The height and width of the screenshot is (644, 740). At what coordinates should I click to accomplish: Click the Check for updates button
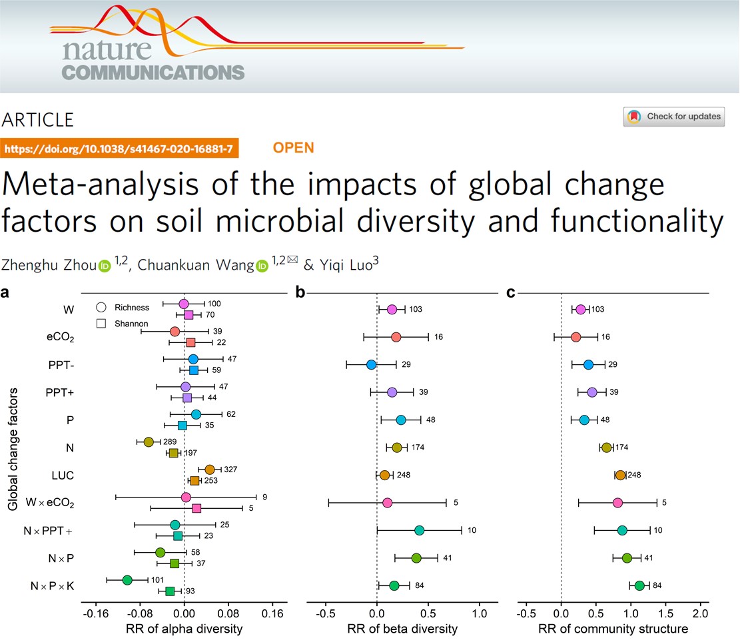point(674,117)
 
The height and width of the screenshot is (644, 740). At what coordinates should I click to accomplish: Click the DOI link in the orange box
point(119,149)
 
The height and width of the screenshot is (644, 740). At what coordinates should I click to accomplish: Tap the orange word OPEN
point(293,147)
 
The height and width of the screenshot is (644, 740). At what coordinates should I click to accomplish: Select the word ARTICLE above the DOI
point(38,120)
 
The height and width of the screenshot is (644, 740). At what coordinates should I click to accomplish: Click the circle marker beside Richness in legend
point(102,308)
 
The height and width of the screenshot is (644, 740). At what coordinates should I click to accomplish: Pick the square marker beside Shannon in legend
point(102,324)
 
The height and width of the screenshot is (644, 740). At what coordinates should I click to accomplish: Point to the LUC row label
point(63,476)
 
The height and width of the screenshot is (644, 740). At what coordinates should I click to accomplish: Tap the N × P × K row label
point(53,586)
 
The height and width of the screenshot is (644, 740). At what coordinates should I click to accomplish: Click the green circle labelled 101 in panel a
point(127,580)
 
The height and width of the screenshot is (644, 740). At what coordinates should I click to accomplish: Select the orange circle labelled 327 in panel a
point(210,470)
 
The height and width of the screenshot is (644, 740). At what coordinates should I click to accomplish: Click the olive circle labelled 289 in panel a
point(149,442)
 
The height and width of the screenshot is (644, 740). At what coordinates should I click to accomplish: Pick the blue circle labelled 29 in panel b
point(371,364)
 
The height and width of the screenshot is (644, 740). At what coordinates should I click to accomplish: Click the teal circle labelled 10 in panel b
point(419,530)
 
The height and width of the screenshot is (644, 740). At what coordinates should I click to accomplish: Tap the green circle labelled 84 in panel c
point(639,585)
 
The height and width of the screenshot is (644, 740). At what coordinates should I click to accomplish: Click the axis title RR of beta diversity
point(403,629)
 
